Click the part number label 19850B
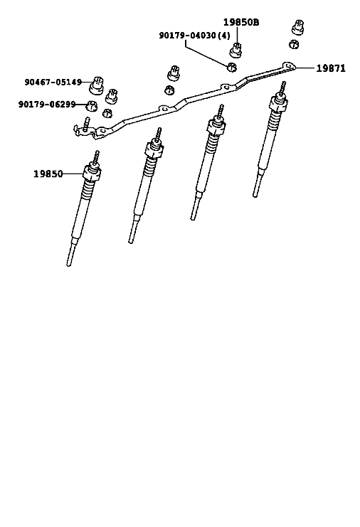click(241, 22)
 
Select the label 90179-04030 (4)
click(195, 36)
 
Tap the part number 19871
click(331, 68)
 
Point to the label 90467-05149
click(53, 82)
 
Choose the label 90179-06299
click(47, 105)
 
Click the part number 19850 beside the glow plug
click(48, 174)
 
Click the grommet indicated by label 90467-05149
click(96, 85)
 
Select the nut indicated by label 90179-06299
click(92, 106)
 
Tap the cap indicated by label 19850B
click(236, 50)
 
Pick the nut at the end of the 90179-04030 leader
click(232, 67)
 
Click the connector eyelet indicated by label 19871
click(288, 66)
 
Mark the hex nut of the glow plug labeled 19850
click(92, 172)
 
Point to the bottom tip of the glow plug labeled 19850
click(69, 265)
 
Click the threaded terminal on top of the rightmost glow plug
click(283, 87)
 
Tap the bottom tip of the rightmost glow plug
click(255, 195)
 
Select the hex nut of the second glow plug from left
click(154, 149)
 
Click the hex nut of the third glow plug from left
click(216, 126)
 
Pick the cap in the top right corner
click(297, 27)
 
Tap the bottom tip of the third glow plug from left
click(193, 218)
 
